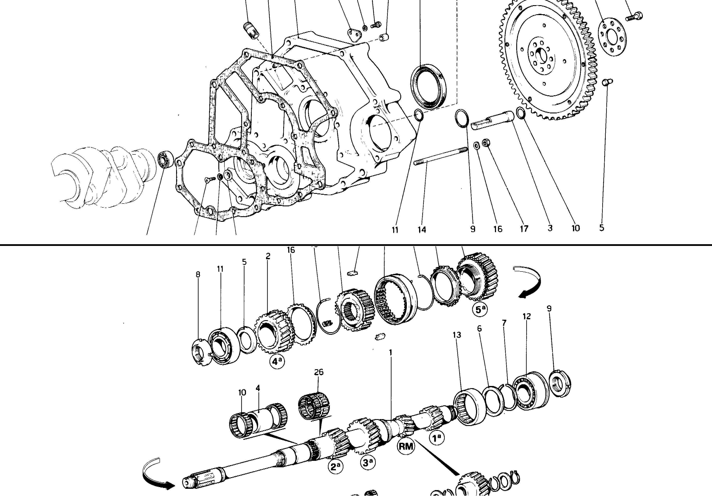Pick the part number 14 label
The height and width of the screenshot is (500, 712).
422,229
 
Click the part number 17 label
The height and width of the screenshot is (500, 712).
524,229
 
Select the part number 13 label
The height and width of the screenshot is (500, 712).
457,335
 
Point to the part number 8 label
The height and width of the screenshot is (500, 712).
198,274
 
